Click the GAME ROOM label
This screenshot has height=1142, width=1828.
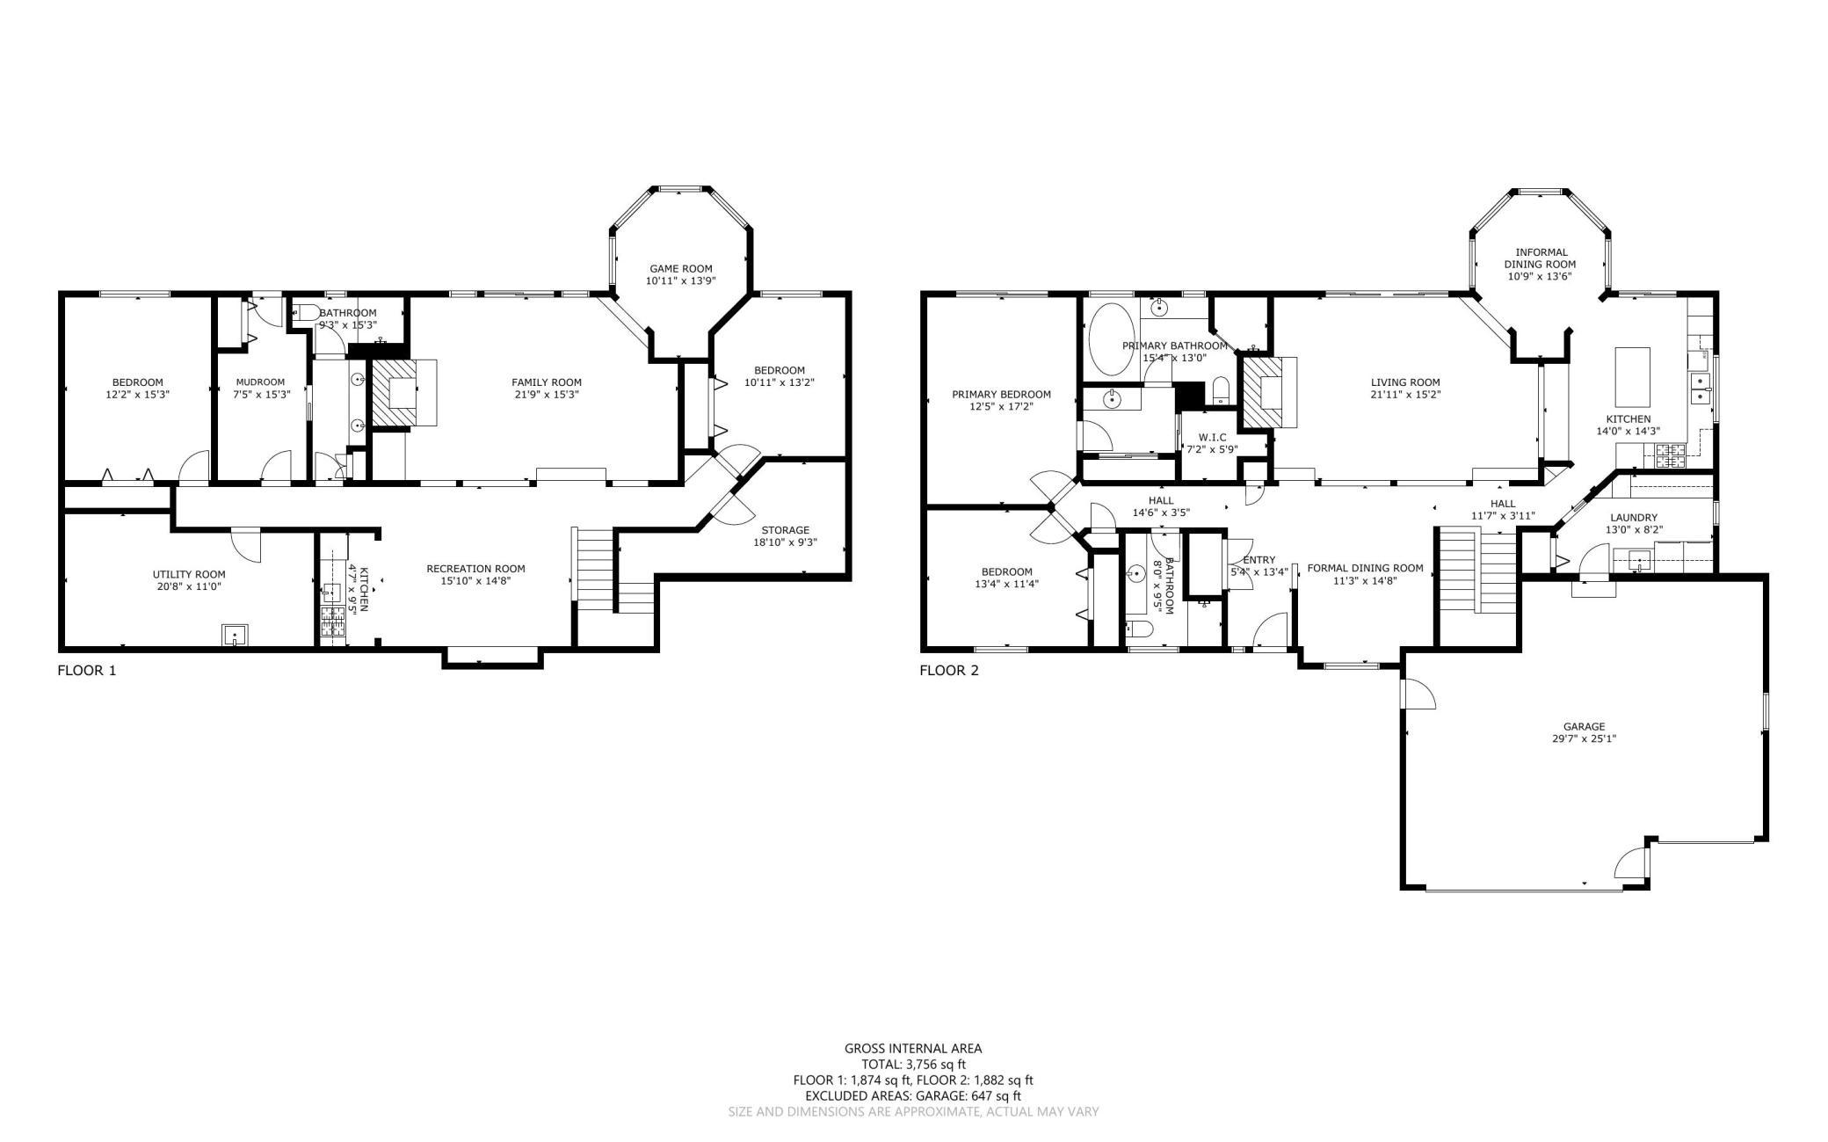coord(680,269)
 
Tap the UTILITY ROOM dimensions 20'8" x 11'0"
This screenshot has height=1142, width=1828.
coord(189,586)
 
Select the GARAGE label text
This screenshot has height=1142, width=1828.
coord(1584,726)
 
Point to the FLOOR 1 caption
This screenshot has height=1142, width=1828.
coord(86,671)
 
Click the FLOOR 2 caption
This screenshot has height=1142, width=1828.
coord(948,671)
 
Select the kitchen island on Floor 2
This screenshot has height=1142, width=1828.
coord(1632,376)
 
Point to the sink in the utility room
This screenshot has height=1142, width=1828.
coord(235,635)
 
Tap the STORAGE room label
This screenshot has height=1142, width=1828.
coord(785,530)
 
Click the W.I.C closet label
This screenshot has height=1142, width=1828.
coord(1212,437)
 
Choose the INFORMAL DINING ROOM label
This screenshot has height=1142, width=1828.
coord(1541,258)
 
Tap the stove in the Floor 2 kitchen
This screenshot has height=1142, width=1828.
coord(1670,455)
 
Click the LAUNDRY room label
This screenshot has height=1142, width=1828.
coord(1634,518)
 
